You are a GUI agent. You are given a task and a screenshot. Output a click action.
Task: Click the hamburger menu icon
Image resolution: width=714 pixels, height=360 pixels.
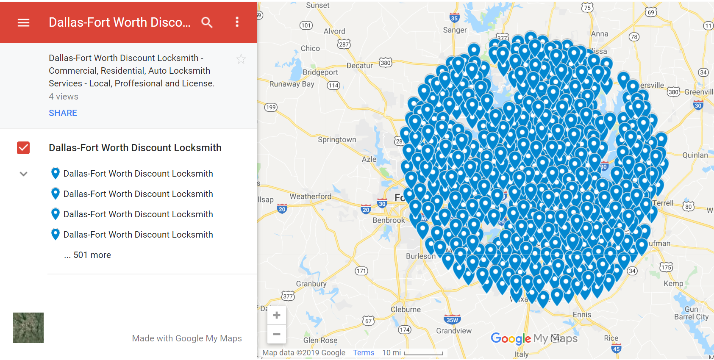tap(23, 22)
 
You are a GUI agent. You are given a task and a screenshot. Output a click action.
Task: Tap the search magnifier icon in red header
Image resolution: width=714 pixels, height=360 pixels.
tap(207, 22)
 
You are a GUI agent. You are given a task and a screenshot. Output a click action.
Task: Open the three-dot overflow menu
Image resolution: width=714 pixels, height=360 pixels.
tap(237, 22)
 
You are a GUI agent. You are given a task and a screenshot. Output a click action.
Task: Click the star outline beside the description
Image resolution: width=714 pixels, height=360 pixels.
tap(241, 59)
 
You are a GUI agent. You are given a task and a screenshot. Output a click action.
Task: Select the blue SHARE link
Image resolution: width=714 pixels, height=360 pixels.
tap(63, 113)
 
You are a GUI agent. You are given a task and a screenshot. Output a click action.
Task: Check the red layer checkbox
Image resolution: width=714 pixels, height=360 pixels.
tap(23, 148)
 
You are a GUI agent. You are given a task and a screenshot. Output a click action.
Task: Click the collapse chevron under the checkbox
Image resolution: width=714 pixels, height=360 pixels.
tap(23, 174)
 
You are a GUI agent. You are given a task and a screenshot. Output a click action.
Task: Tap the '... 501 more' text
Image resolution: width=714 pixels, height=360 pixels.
tap(88, 255)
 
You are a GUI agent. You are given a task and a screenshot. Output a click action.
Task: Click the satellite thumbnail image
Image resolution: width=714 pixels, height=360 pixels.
tap(28, 328)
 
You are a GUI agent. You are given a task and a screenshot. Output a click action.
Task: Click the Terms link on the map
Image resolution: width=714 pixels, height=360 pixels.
tap(364, 353)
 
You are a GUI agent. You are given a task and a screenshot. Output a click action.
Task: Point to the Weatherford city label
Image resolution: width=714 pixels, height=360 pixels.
tap(311, 197)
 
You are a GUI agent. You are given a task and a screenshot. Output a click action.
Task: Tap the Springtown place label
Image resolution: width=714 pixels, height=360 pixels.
tap(337, 140)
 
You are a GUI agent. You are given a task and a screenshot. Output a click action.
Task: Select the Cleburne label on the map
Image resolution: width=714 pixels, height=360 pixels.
tap(406, 310)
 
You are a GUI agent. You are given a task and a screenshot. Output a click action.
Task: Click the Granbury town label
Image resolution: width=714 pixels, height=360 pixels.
tap(311, 284)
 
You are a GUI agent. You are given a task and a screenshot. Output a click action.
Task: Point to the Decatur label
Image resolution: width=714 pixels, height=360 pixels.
tap(359, 66)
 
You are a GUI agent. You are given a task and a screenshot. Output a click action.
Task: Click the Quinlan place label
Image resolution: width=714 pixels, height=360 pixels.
tap(695, 155)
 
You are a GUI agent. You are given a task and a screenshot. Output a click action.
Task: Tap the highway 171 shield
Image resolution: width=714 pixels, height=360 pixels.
tap(361, 271)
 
